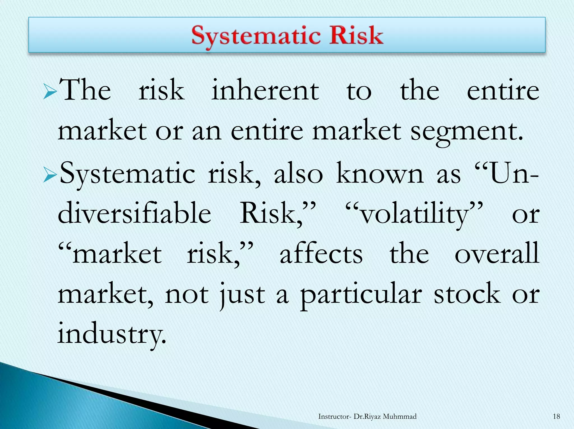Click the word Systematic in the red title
(256, 36)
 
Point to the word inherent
(265, 90)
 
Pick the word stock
(467, 294)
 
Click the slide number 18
(556, 416)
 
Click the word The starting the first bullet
(85, 90)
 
